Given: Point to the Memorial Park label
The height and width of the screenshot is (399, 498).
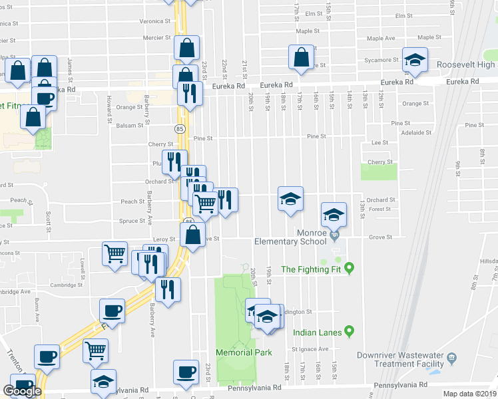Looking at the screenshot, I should click(244, 352).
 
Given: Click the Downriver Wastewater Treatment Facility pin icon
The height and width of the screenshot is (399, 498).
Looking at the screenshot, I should click(452, 357).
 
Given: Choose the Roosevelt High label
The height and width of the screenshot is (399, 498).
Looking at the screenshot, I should click(466, 65).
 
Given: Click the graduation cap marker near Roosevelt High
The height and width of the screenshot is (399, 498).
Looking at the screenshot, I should click(415, 61).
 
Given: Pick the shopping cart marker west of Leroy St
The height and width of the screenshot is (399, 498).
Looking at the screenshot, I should click(115, 253).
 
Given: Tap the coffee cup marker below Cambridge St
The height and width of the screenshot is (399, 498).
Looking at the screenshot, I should click(112, 311).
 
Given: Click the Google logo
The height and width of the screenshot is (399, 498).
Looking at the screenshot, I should click(22, 390).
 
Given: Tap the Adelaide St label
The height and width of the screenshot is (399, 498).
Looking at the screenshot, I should click(417, 132).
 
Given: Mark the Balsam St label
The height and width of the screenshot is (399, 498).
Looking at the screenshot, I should click(130, 125).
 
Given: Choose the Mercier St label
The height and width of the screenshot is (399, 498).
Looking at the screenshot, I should click(157, 38).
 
